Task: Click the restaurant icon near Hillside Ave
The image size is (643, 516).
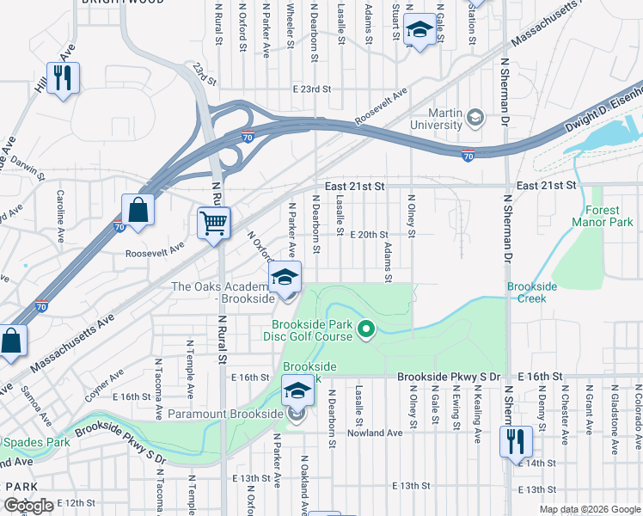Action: [x=64, y=77]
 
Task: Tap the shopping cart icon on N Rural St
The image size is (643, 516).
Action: [x=214, y=223]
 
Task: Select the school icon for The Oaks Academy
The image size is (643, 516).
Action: [x=285, y=277]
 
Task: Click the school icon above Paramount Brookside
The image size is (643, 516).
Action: [x=297, y=391]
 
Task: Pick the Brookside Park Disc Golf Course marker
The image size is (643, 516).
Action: [x=367, y=329]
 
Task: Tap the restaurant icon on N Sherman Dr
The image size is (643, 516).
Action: [x=516, y=442]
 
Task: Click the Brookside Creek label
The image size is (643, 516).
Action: [x=533, y=292]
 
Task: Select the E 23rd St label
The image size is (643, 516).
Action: [x=312, y=89]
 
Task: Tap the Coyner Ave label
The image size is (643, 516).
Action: [x=103, y=377]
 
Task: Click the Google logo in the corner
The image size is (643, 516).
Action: [x=29, y=506]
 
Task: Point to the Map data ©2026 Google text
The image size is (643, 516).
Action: [x=590, y=509]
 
